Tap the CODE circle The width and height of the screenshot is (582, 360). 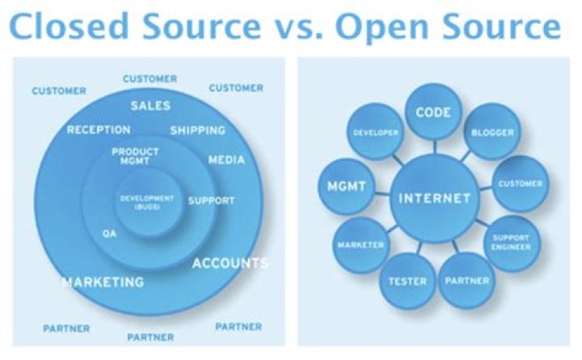432,112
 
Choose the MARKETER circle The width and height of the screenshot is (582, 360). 361,244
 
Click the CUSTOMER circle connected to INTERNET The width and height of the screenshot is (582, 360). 520,184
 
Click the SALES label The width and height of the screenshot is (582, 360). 150,105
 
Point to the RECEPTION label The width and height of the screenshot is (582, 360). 99,129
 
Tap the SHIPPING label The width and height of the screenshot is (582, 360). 197,130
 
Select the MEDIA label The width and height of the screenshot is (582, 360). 226,159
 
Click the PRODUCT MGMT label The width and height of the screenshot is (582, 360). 135,156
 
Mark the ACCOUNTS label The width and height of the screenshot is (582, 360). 230,263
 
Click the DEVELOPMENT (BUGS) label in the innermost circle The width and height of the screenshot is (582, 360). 147,202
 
